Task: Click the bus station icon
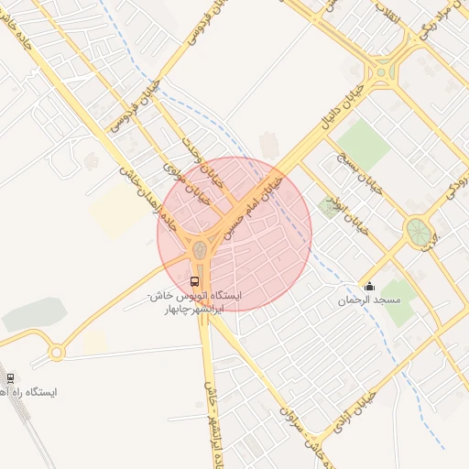[x=194, y=281]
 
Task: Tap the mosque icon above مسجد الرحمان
[x=369, y=287]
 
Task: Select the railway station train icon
[x=10, y=377]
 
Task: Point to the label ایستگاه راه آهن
[x=31, y=392]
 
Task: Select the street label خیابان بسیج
[x=356, y=171]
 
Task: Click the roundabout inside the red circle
[x=199, y=249]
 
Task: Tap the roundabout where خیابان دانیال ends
[x=378, y=72]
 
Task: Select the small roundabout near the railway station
[x=57, y=352]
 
